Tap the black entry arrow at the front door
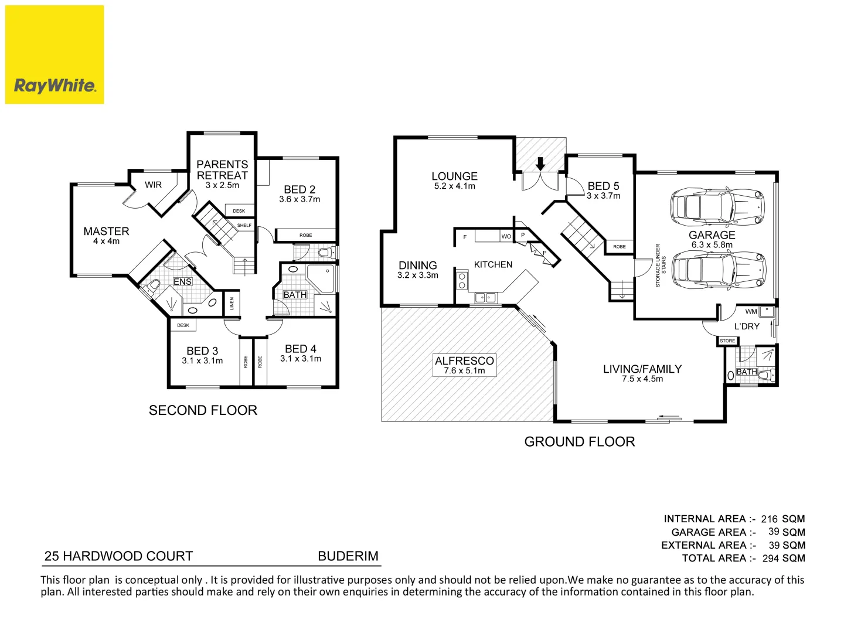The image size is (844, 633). coord(540,163)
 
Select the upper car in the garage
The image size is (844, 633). coord(717,206)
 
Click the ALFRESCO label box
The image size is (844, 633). coord(464,365)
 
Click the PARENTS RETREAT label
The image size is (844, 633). coord(222,170)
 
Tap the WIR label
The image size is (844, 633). coord(153,185)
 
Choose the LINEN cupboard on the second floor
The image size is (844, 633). coord(232,304)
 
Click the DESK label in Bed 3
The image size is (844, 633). coord(183,325)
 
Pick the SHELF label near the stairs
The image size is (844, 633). coord(244,226)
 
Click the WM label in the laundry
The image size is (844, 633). coord(751,312)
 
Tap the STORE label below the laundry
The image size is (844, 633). coord(727,341)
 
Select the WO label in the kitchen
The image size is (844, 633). coord(506,237)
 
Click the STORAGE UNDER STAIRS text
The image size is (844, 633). coord(661,266)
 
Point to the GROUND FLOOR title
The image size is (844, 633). coord(579,442)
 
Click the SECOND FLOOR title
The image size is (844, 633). coord(203,410)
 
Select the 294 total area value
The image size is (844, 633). coord(770,559)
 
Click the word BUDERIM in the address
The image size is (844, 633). coord(348,556)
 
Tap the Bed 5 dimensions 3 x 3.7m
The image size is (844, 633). coord(603,196)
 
